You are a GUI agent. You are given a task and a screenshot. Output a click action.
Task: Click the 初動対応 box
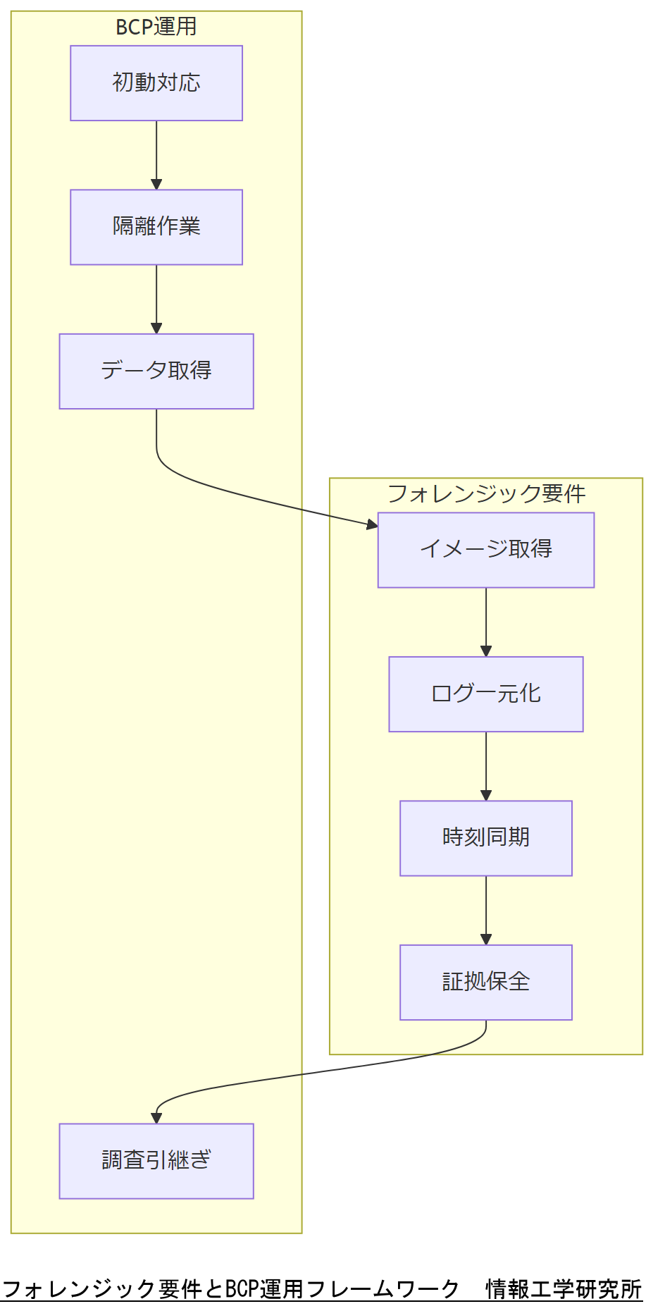156,83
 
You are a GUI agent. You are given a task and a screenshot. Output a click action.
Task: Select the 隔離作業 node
156,227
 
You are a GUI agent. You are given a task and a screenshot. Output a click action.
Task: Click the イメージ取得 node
486,550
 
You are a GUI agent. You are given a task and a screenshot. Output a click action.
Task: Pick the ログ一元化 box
486,694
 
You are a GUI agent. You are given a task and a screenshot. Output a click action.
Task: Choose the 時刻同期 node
486,838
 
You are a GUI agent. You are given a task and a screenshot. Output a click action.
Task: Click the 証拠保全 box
486,982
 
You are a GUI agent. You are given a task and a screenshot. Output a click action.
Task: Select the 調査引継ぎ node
156,1161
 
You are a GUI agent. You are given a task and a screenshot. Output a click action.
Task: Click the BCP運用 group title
156,27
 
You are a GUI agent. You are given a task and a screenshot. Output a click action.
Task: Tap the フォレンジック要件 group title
486,493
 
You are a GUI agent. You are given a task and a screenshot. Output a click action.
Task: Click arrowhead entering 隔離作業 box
156,185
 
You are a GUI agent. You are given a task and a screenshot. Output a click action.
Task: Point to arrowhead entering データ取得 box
156,328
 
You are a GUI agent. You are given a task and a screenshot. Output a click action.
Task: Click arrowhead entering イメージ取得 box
372,524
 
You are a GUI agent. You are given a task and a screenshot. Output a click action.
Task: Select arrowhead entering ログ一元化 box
486,651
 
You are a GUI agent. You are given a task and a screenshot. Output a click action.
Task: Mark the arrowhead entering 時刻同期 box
486,795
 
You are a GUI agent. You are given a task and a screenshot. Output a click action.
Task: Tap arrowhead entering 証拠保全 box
486,940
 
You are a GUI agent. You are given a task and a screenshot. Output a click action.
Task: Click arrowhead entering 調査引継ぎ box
156,1118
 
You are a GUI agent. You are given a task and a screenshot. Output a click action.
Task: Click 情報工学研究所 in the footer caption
564,1289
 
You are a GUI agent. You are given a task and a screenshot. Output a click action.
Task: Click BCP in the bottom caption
242,1289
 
